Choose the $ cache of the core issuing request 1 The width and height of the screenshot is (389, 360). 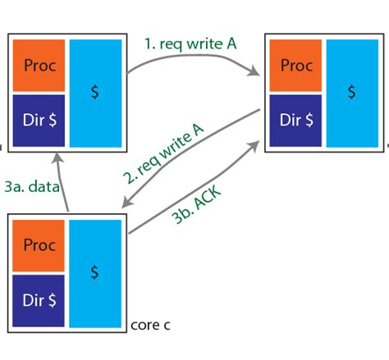coord(97,92)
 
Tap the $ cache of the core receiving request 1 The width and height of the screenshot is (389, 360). coord(352,92)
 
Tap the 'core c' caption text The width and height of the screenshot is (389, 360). coord(150,325)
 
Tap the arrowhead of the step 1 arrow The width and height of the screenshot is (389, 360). coord(255,75)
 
